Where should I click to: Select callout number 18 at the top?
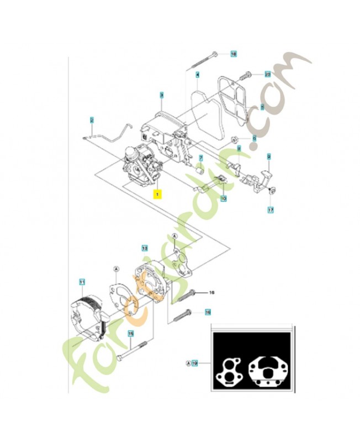pyautogui.click(x=233, y=54)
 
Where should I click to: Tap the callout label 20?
pyautogui.click(x=267, y=73)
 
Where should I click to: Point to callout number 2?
pyautogui.click(x=92, y=119)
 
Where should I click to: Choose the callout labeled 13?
pyautogui.click(x=145, y=248)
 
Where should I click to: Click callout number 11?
pyautogui.click(x=82, y=282)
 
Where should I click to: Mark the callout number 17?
pyautogui.click(x=271, y=210)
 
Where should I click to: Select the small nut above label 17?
pyautogui.click(x=272, y=191)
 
